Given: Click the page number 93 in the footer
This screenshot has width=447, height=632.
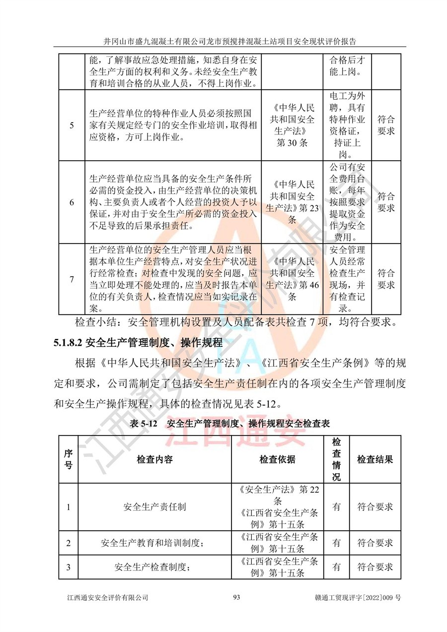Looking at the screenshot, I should click(236, 598).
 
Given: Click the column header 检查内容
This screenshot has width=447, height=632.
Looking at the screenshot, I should click(154, 459).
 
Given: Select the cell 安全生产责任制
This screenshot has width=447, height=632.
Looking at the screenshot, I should click(154, 507).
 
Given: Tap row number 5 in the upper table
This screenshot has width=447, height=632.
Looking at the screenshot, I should click(72, 126).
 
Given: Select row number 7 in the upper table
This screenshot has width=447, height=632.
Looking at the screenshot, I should click(72, 279).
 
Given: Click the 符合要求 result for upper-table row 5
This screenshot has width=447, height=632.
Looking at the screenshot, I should click(386, 126).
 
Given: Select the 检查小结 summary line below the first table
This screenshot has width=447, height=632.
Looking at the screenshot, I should click(235, 323).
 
